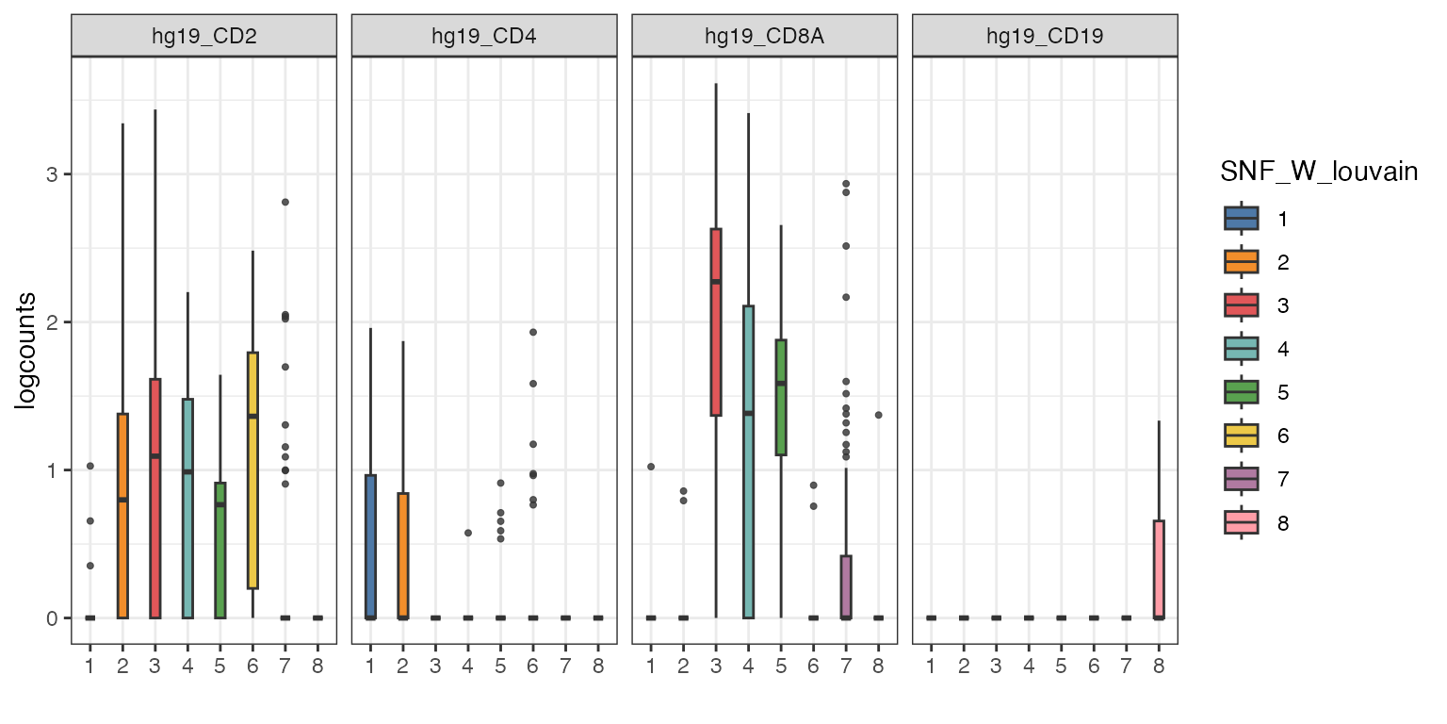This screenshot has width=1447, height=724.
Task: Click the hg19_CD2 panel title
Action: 203,38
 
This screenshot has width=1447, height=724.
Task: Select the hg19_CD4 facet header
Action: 484,38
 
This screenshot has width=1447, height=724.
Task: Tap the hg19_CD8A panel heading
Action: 764,38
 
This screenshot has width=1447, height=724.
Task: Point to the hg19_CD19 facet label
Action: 1045,38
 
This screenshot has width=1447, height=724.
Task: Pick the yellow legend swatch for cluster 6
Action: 1242,436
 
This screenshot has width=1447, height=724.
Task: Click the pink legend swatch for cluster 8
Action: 1242,523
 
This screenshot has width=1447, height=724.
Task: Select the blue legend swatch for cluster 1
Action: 1242,219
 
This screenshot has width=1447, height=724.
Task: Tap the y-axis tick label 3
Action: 53,174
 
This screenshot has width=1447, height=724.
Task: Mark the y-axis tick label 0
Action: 53,617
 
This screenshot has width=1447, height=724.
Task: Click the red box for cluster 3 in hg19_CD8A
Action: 716,321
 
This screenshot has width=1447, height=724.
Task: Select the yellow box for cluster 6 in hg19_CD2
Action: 252,469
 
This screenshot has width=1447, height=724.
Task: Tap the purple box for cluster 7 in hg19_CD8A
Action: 846,586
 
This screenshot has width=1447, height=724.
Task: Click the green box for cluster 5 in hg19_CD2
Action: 219,550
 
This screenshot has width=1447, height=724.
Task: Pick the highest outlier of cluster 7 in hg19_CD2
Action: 285,202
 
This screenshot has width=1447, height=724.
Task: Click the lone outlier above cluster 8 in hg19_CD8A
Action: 878,415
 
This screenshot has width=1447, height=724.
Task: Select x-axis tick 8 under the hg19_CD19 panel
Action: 1159,666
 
